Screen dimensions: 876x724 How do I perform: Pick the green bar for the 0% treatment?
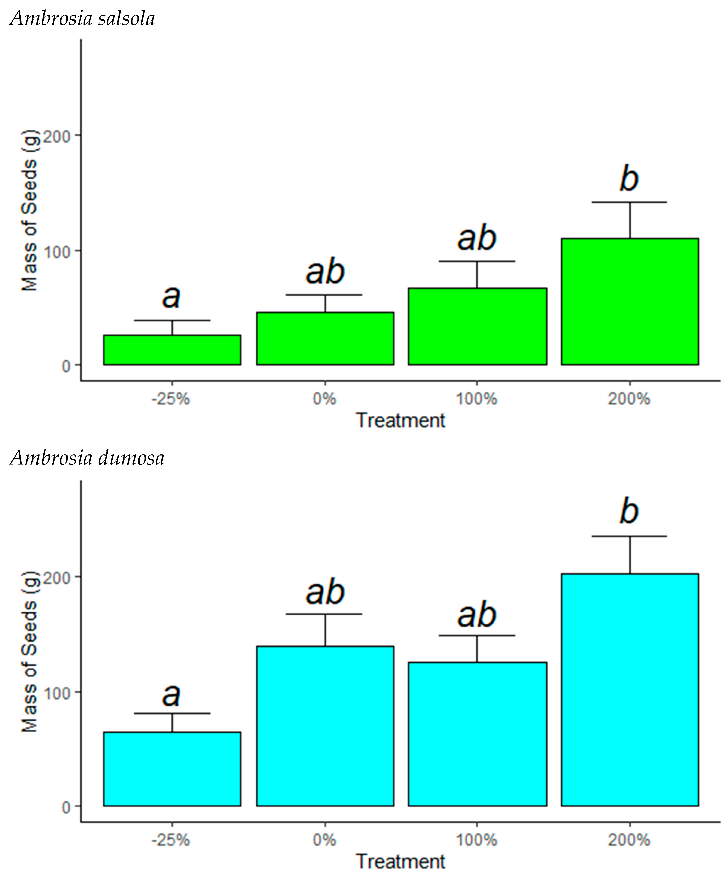coord(325,338)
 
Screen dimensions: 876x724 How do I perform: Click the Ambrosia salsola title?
coord(82,19)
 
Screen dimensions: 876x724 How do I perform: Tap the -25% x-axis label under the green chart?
coord(171,399)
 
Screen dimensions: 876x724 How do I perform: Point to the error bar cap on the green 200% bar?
coord(630,202)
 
